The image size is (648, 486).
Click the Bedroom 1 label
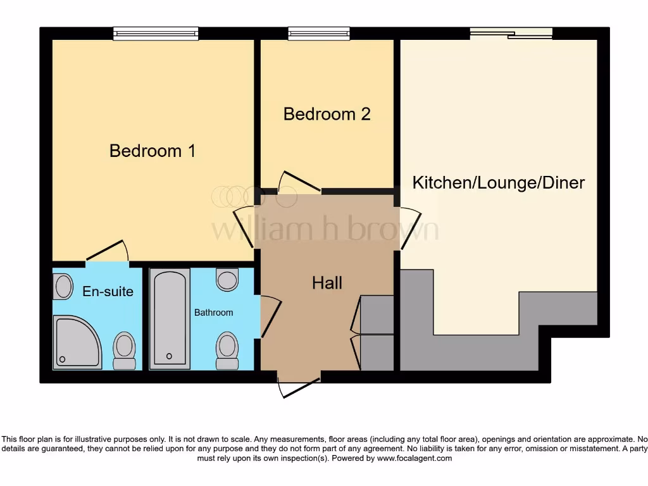152,151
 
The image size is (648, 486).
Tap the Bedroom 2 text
327,114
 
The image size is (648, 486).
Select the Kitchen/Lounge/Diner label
498,183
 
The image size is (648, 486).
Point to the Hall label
327,282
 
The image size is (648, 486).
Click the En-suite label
108,291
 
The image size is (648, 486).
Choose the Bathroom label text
213,313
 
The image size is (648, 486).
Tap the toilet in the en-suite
124,350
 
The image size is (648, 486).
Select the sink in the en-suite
63,287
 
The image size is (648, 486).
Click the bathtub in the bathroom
170,319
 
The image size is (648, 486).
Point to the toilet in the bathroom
227,350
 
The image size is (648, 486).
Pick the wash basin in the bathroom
227,278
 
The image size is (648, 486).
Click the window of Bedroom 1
156,34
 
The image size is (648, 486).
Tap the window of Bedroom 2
319,34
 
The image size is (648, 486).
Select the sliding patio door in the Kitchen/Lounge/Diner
511,34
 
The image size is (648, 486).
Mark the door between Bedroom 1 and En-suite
107,252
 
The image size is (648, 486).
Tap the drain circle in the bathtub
169,356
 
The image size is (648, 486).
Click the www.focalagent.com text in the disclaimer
414,458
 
